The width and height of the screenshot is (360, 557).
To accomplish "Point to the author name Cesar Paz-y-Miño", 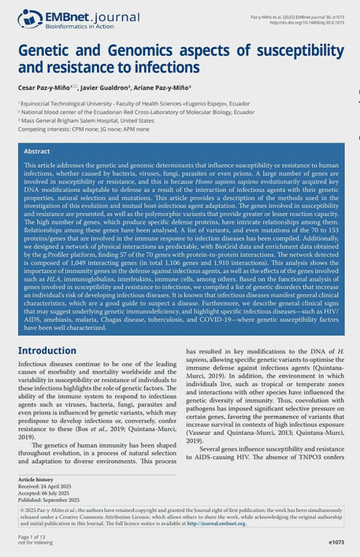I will coord(46,88).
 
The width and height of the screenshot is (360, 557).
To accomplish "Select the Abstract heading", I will coord(37,150).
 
